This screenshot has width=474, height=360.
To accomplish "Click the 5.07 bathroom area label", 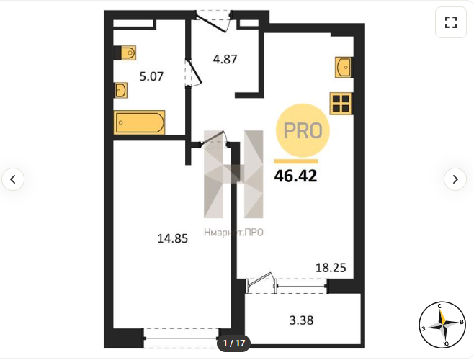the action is tap(151, 76).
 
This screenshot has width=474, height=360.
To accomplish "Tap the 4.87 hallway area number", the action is tap(225, 59).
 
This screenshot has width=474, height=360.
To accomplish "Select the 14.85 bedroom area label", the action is tap(173, 238).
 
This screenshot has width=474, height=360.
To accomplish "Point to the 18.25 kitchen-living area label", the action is tap(331, 268).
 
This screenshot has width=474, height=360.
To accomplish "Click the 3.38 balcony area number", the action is tap(301, 320).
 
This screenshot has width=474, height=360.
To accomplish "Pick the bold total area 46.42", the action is tap(295, 176).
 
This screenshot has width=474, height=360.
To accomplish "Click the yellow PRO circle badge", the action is tap(303, 130).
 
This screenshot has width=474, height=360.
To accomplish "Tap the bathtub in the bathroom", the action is tap(139, 122).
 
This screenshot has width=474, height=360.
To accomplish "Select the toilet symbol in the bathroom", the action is tap(125, 53).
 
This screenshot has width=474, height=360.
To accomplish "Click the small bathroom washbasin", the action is tap(121, 90).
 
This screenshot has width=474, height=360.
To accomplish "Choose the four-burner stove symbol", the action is tap(341, 104).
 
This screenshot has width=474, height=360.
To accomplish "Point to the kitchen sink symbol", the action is tap(343, 67).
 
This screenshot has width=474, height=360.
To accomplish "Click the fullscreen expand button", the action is tap(451, 22).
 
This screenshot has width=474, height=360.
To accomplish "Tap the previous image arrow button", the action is tap(13, 179).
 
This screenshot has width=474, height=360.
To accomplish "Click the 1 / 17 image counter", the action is tap(233, 343).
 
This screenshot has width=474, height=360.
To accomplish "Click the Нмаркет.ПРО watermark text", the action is tap(233, 232).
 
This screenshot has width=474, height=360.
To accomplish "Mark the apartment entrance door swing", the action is tap(214, 22).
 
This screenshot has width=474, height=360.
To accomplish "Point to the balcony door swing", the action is tap(261, 282).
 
